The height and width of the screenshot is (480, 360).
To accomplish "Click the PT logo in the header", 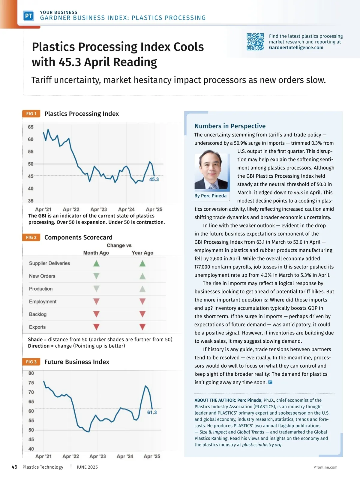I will (28, 16).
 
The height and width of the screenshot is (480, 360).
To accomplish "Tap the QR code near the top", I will (255, 42).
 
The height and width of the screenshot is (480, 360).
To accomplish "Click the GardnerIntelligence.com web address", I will (296, 47).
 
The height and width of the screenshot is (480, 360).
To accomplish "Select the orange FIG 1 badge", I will (31, 114).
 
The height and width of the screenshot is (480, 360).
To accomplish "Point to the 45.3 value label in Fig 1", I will (154, 179).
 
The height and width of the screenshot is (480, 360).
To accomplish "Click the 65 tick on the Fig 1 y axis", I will (31, 127).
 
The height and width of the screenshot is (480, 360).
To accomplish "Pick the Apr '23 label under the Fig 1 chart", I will (98, 209).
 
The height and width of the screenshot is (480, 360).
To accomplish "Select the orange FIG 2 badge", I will (31, 237).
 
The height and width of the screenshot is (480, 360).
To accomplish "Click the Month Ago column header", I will (96, 253).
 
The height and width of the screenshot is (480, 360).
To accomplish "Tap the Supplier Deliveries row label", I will (49, 263).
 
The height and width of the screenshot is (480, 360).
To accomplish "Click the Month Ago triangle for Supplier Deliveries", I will (96, 263).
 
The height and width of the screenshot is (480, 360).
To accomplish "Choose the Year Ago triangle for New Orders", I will (142, 276).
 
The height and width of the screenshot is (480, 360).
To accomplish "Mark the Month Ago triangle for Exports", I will (96, 327).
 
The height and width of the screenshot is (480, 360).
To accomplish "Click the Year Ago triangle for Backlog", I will (142, 314).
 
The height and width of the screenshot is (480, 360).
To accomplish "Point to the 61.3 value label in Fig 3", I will (152, 412).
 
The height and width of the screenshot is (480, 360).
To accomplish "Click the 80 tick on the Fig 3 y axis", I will (31, 373).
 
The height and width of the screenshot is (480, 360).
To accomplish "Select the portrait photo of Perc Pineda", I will (211, 171).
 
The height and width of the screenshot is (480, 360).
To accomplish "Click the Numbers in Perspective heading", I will (230, 126).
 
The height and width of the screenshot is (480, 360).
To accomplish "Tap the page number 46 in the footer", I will (14, 467).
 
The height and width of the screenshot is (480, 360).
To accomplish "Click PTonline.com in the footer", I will (325, 467).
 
